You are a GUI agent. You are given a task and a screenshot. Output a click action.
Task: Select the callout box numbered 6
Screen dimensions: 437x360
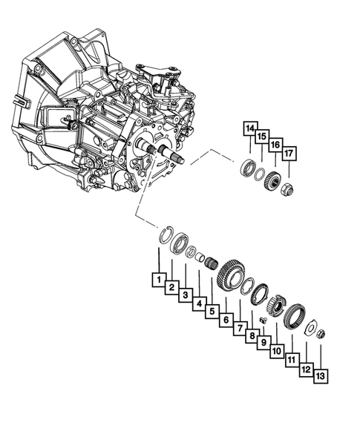tap(225, 320)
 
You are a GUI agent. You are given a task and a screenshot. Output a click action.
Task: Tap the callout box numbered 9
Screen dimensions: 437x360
tap(265, 343)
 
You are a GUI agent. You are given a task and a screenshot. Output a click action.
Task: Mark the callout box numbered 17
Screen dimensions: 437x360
tap(289, 154)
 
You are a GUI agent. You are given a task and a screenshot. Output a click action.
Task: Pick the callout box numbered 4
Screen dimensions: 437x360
tap(198, 304)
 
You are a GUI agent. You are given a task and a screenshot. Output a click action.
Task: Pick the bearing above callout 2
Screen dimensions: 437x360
tap(179, 246)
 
